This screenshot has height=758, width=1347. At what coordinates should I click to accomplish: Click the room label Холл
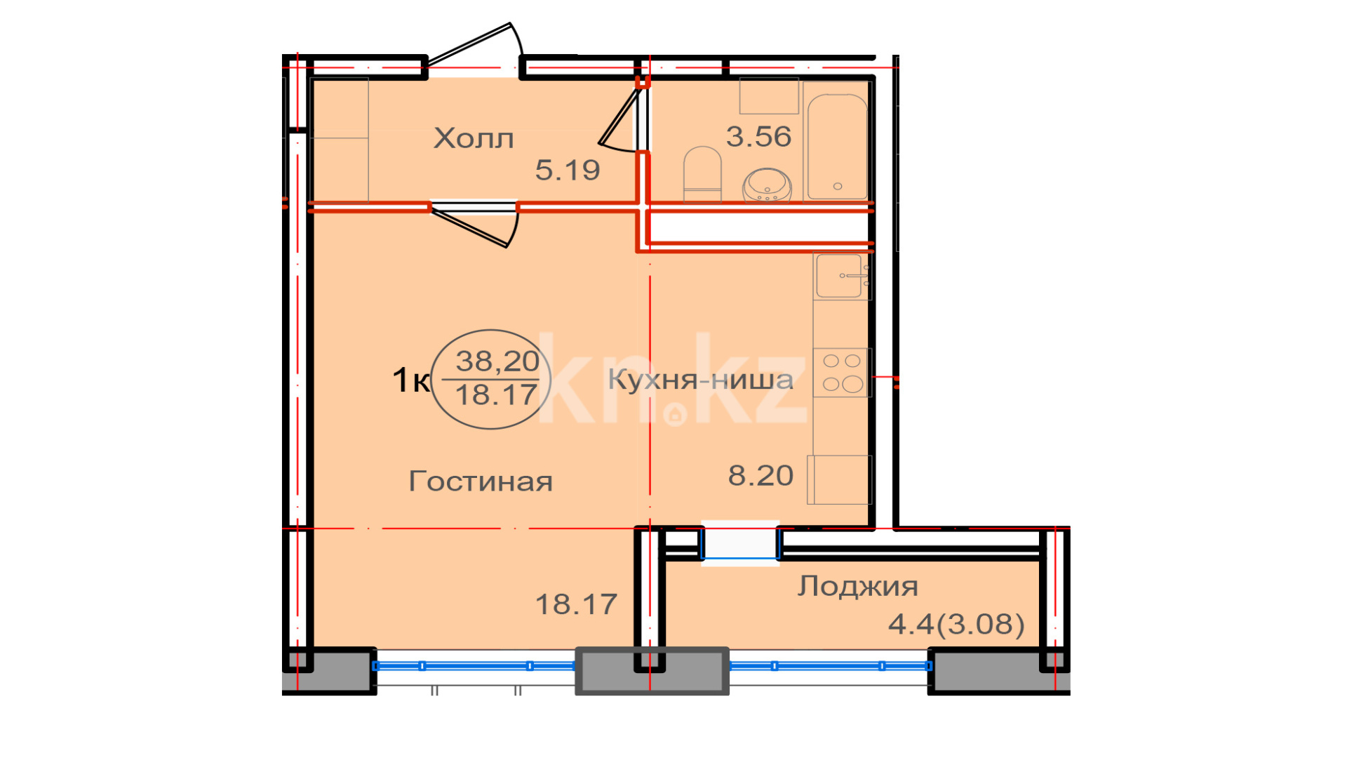(474, 138)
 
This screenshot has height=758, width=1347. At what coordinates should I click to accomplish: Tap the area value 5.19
(568, 170)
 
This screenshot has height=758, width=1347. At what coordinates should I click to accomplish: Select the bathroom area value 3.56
(758, 136)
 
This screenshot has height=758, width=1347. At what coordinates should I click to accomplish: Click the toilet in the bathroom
(702, 174)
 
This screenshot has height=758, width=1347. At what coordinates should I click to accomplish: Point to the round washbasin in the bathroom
(768, 185)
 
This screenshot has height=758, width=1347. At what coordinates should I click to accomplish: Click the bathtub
(838, 147)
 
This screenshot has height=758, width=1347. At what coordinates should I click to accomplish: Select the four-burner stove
(842, 373)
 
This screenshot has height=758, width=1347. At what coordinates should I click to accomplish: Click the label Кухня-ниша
(700, 380)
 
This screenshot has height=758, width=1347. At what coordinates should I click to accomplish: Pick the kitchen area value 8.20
(760, 476)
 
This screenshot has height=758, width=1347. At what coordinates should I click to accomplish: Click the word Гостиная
(481, 481)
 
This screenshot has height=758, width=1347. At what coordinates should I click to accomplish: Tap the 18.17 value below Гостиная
(576, 604)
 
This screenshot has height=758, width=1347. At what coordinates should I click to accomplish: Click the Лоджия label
(857, 587)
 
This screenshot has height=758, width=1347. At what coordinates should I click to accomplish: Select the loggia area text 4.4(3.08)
(956, 624)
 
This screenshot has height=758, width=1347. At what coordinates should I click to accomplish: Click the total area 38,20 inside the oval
(497, 361)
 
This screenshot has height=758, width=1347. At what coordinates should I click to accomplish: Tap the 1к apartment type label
(410, 380)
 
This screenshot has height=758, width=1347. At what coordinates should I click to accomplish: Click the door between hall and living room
(474, 223)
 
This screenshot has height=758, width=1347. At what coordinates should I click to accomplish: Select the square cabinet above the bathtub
(769, 95)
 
